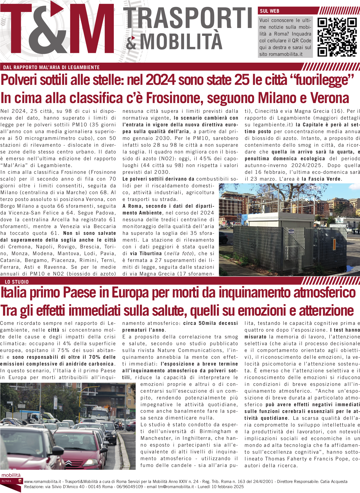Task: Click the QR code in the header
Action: [x=337, y=37]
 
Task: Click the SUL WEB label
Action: [x=269, y=11]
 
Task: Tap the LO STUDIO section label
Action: [x=17, y=282]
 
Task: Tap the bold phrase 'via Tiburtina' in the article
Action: [x=146, y=254]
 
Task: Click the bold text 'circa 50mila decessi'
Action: [x=210, y=323]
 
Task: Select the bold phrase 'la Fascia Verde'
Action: [x=321, y=179]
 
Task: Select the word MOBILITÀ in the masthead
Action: [x=181, y=41]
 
